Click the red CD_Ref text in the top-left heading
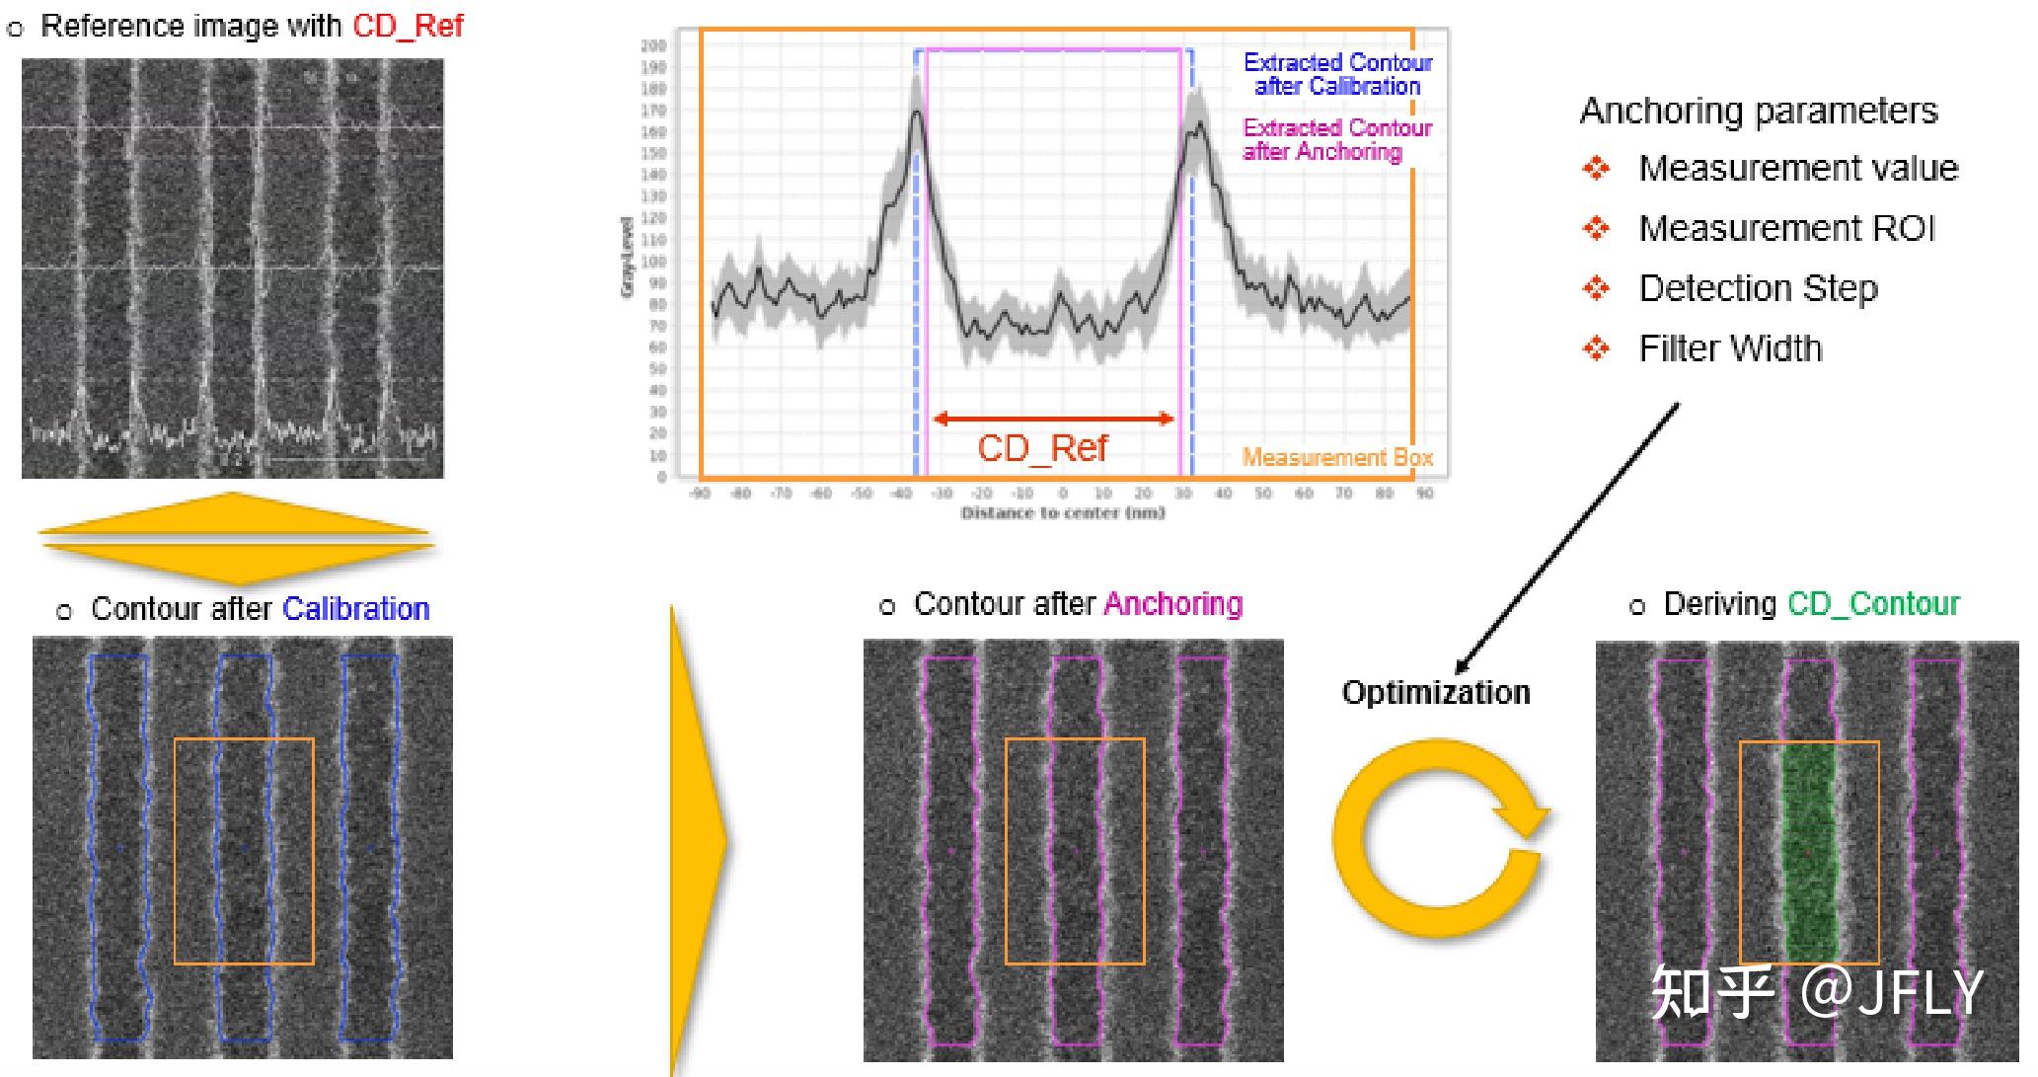tap(408, 26)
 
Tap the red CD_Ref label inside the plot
tap(1042, 448)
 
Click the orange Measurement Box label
tap(1336, 457)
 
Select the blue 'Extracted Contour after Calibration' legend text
tap(1337, 74)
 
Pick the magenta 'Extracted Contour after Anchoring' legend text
tap(1337, 139)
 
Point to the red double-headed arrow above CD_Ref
tap(1053, 419)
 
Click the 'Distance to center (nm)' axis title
tap(1063, 513)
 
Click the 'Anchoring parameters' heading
tap(1759, 111)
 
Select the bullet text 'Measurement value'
tap(1798, 169)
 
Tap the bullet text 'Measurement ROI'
tap(1786, 229)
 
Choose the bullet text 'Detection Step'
tap(1758, 288)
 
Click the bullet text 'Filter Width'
tap(1730, 348)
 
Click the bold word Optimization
tap(1436, 692)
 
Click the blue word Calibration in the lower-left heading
tap(356, 609)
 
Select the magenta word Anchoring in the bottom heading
tap(1173, 604)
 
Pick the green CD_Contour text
tap(1873, 604)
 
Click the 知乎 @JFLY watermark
tap(1816, 992)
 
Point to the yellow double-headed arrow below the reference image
tap(235, 538)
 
